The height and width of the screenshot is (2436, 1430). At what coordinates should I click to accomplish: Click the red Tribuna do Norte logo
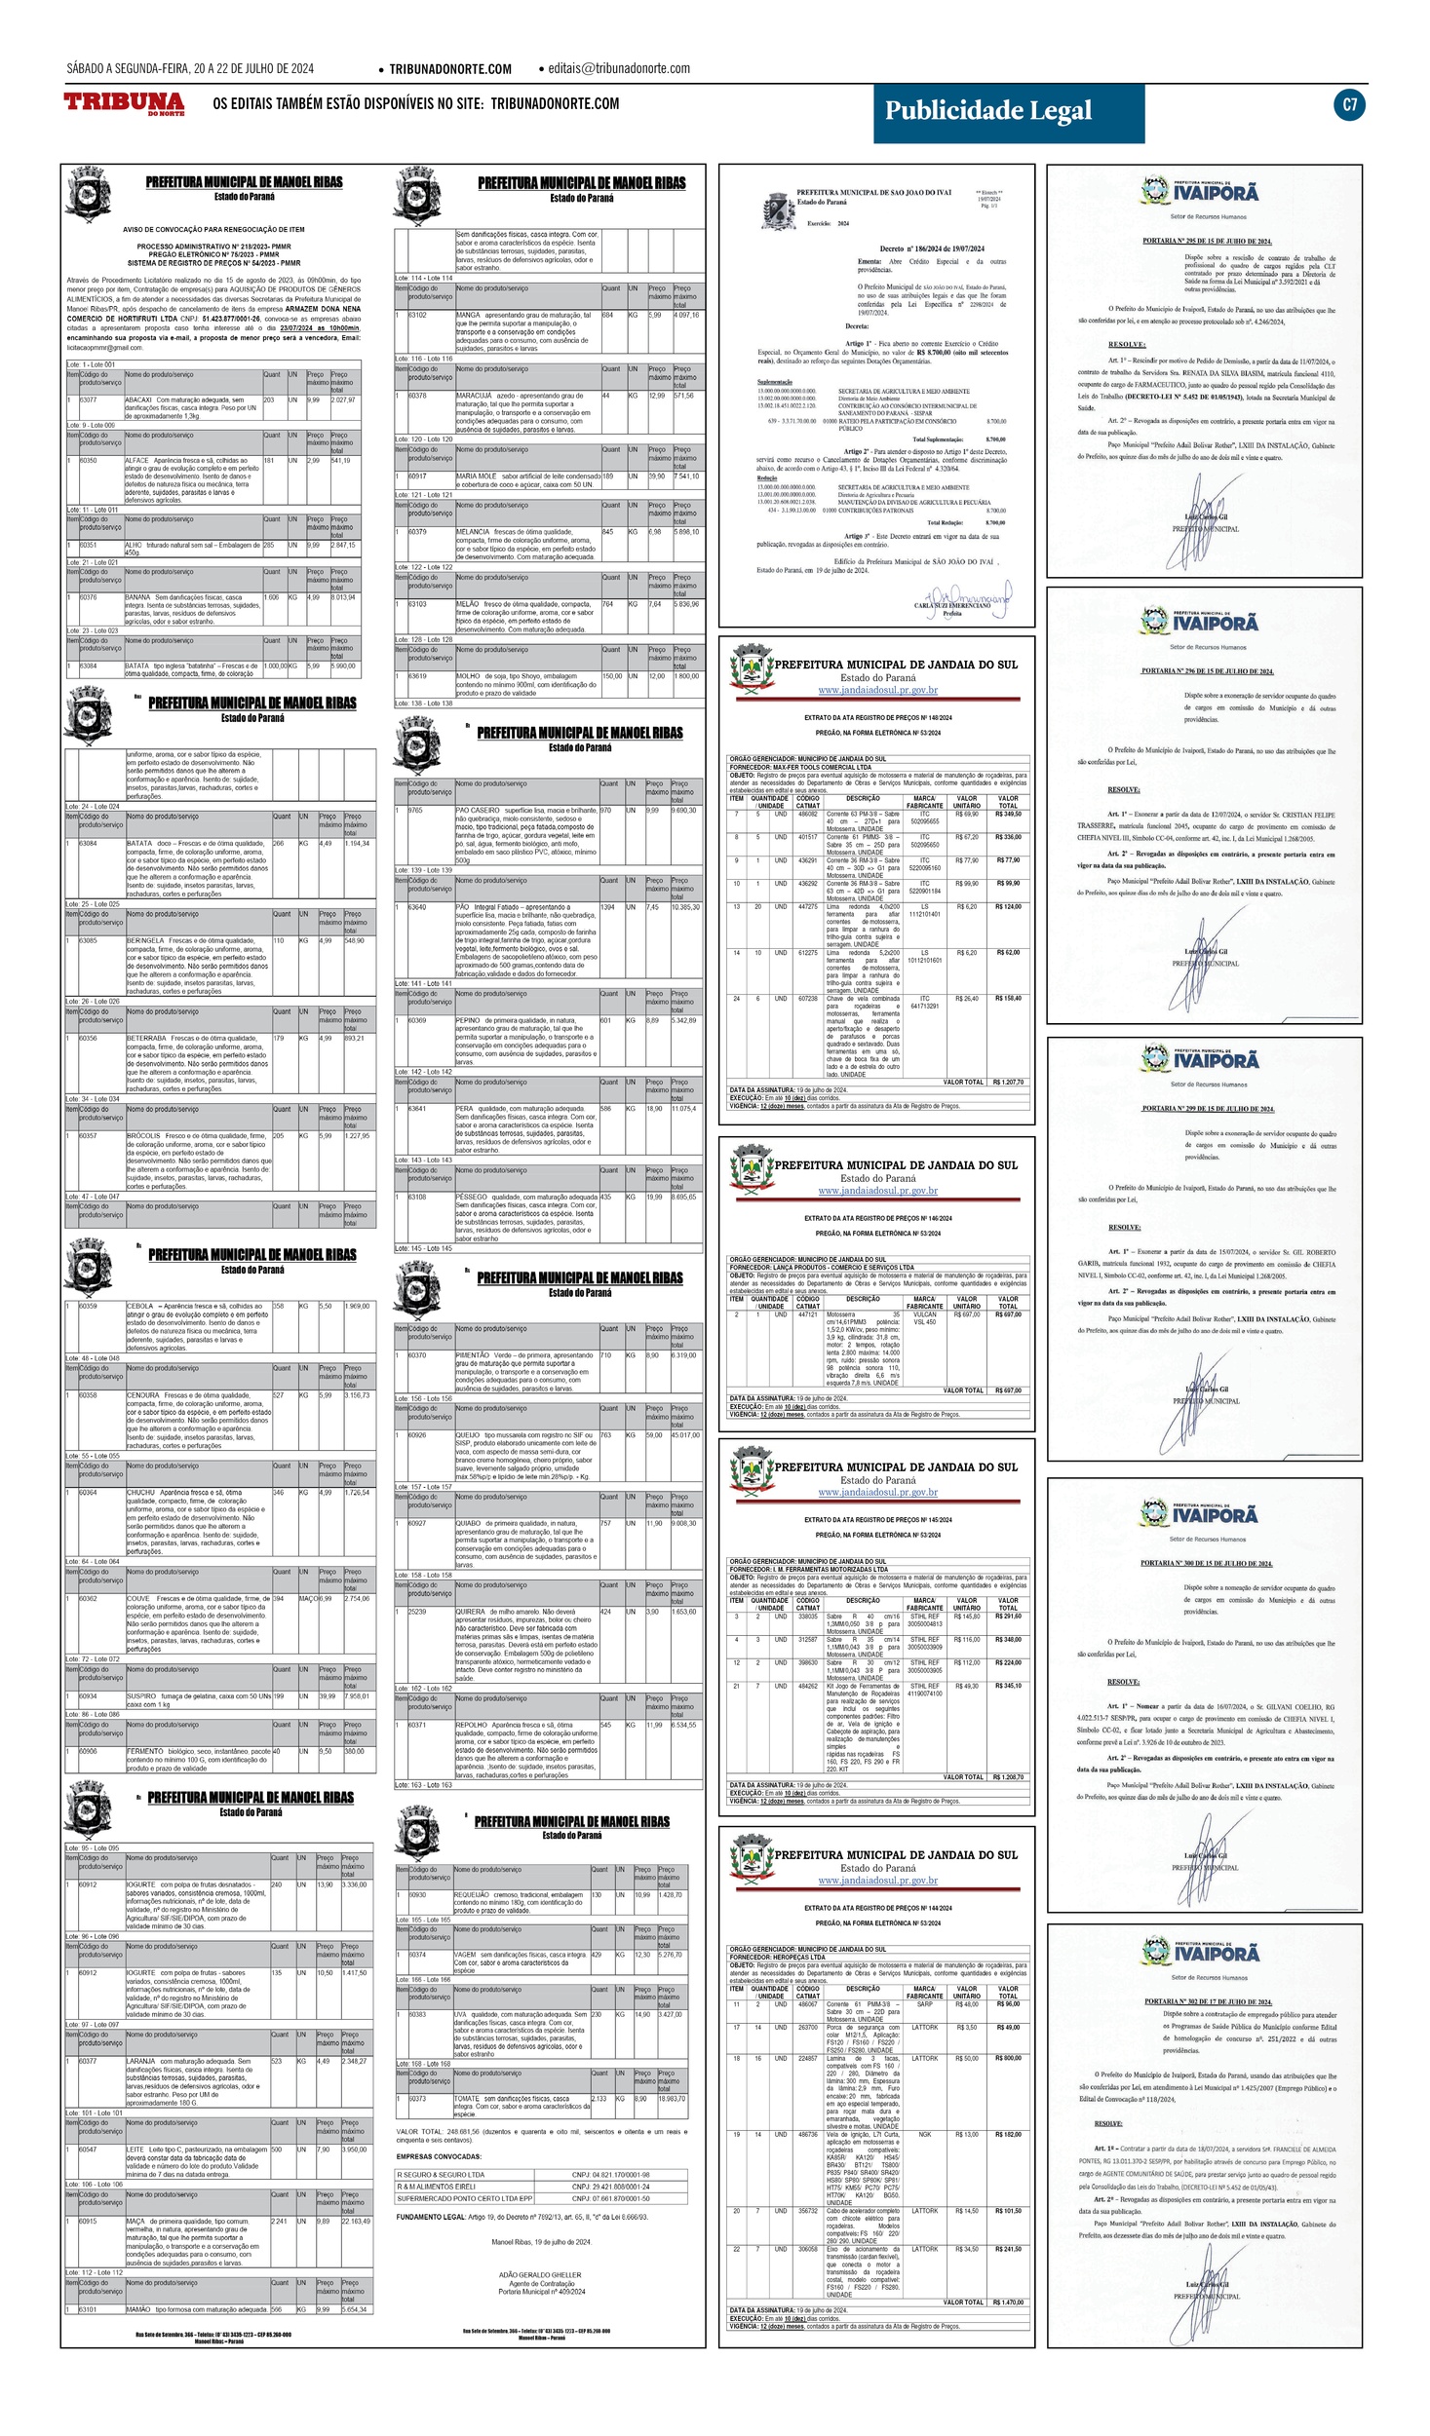pos(124,103)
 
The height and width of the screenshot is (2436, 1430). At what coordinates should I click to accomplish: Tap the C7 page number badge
pos(1349,105)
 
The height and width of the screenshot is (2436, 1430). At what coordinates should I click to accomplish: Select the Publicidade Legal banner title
pos(987,111)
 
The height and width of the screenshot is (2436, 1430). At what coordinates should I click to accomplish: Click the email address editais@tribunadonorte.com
pos(618,68)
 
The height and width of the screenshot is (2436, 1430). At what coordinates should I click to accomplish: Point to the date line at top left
pos(190,68)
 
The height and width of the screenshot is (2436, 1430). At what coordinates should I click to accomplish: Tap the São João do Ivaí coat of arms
pos(778,209)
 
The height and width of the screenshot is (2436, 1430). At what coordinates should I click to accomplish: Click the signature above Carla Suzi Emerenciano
pos(965,593)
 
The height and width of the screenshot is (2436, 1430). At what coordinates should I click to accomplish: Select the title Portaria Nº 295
pos(1207,241)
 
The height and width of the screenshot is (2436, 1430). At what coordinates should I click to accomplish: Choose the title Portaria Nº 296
pos(1207,671)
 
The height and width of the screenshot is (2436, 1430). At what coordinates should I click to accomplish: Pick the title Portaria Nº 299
pos(1207,1109)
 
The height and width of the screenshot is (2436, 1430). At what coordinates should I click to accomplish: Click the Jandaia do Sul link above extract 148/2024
pos(877,690)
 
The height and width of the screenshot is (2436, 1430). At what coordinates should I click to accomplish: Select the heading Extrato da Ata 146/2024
pos(877,1218)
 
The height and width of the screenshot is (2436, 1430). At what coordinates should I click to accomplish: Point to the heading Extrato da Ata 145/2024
pos(877,1520)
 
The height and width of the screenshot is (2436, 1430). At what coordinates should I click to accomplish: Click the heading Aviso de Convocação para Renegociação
pos(213,230)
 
